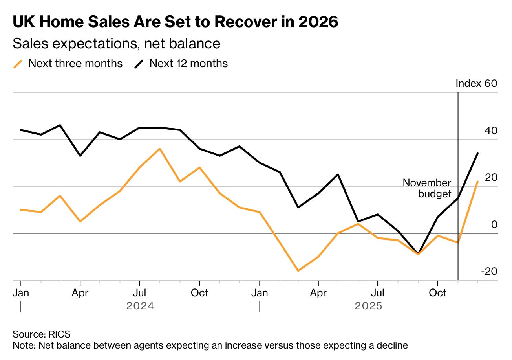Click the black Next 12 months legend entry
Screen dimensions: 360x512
181,64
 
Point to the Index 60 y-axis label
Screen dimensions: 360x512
476,83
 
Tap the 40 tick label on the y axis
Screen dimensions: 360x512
491,130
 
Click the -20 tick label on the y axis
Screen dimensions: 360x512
489,272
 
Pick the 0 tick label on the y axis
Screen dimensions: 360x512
494,224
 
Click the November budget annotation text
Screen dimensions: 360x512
427,188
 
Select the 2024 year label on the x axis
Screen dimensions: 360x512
140,306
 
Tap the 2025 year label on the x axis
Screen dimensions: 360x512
368,306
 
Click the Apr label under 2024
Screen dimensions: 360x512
80,293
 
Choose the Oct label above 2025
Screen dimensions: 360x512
437,293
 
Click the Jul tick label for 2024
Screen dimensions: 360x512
140,293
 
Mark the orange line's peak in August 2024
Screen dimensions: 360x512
160,149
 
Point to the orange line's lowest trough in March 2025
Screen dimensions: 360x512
298,271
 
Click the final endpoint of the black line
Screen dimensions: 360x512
477,153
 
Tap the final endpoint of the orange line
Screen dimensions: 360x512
477,182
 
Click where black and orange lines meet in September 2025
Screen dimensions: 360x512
418,254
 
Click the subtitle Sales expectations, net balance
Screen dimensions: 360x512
116,44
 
